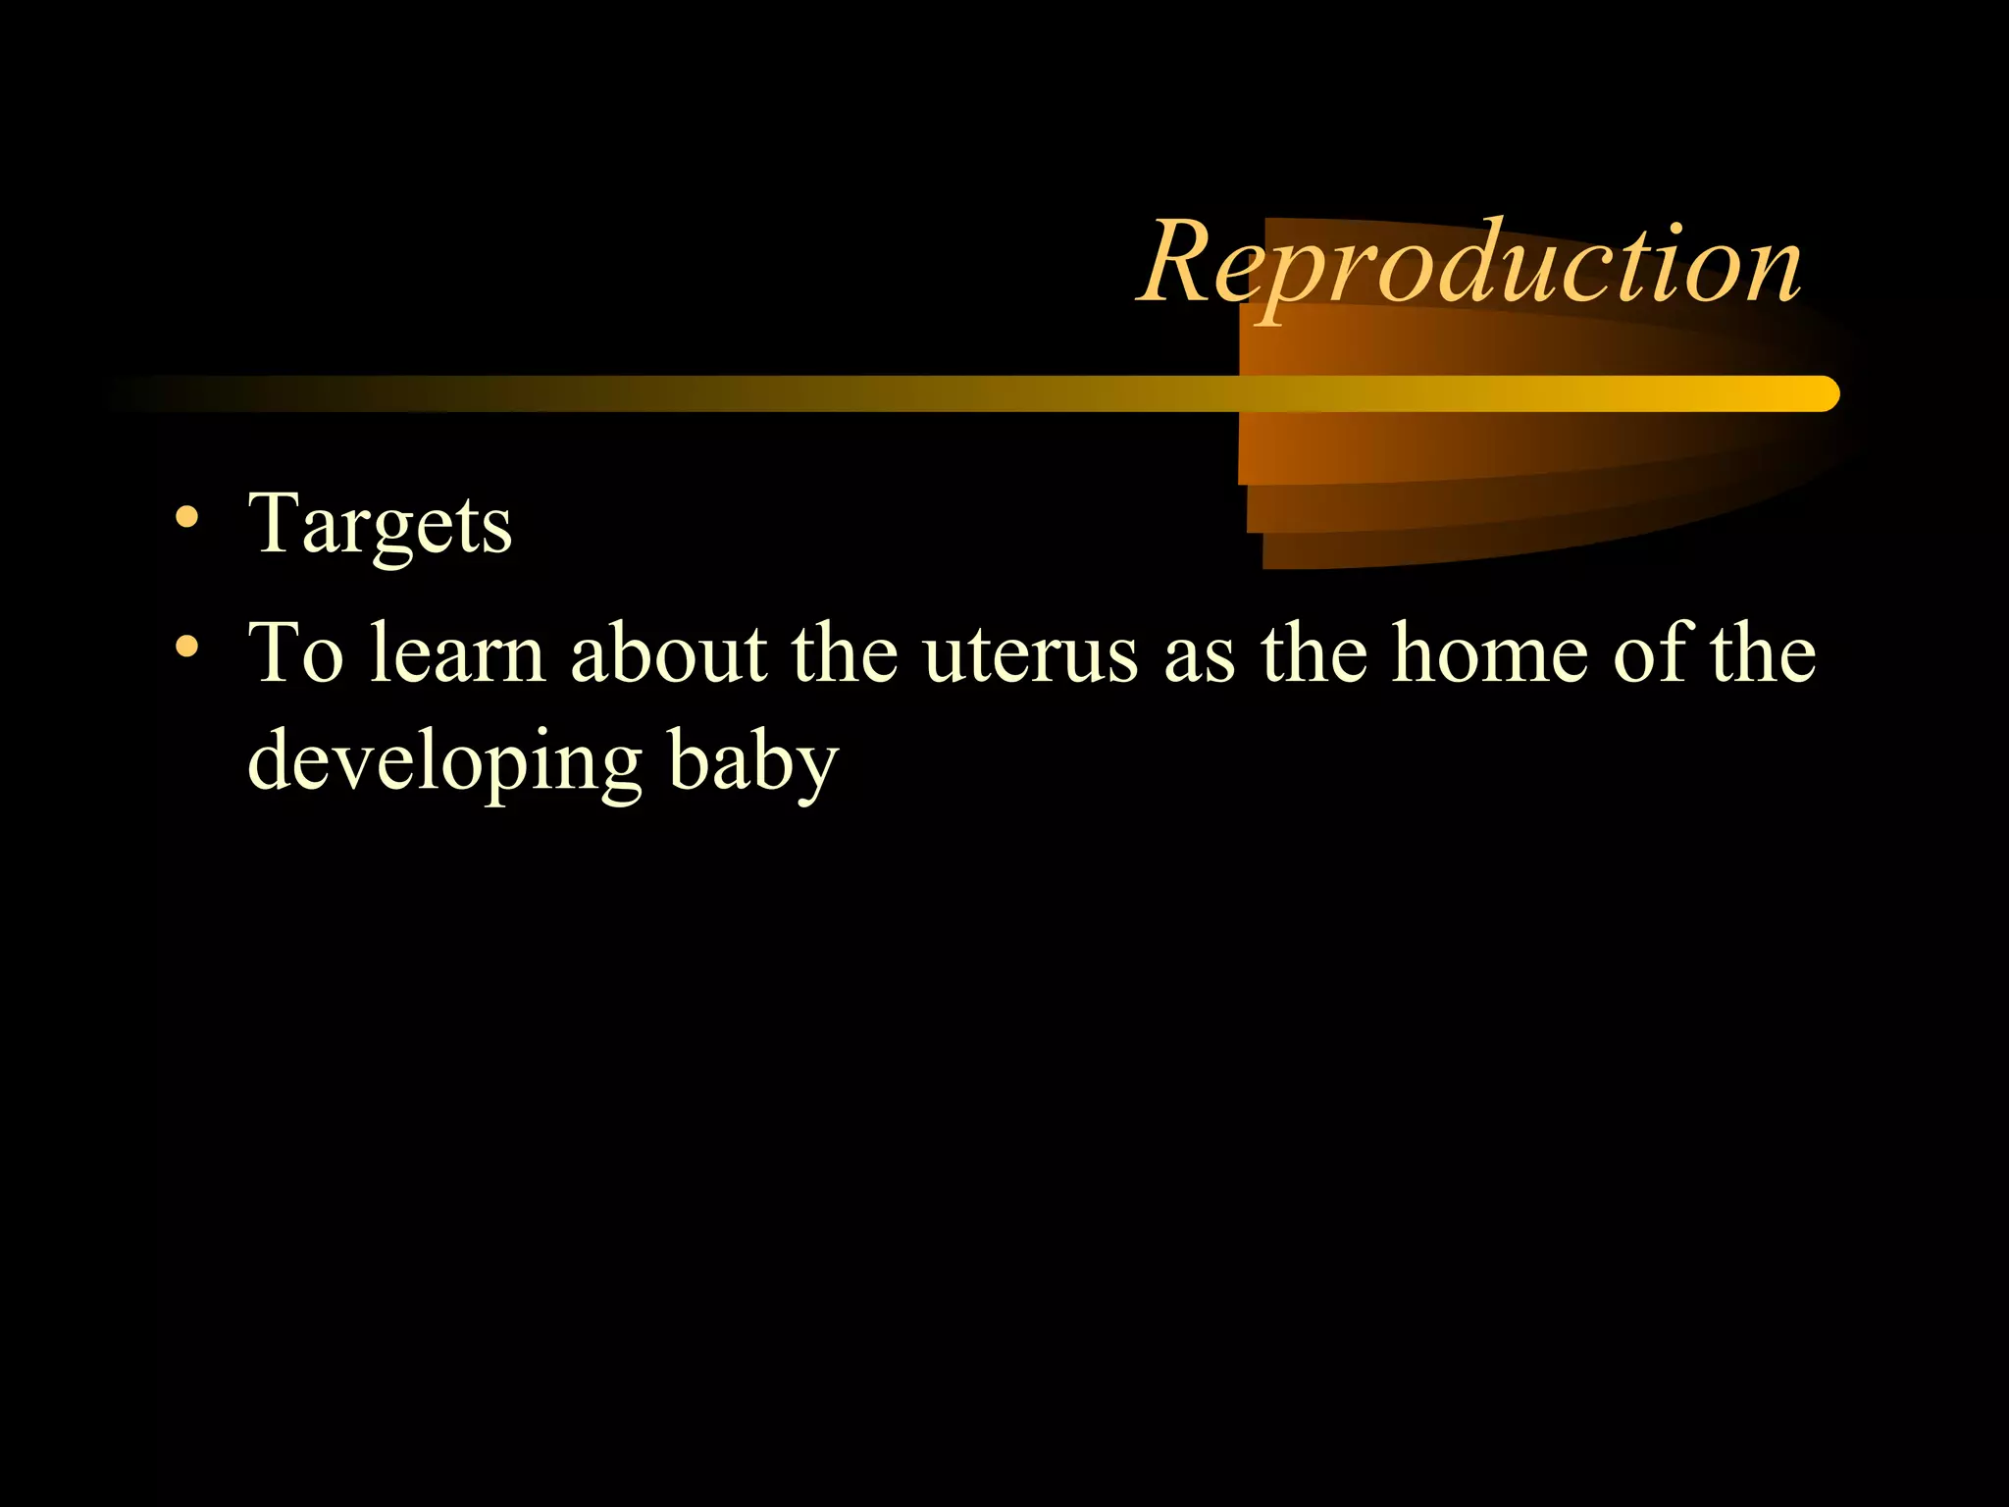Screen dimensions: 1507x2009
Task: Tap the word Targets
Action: point(381,526)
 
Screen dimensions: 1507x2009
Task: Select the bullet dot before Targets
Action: point(187,518)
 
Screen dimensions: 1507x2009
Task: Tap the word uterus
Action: point(1030,654)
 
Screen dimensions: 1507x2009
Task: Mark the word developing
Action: point(444,763)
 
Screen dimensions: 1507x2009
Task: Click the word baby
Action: point(753,763)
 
